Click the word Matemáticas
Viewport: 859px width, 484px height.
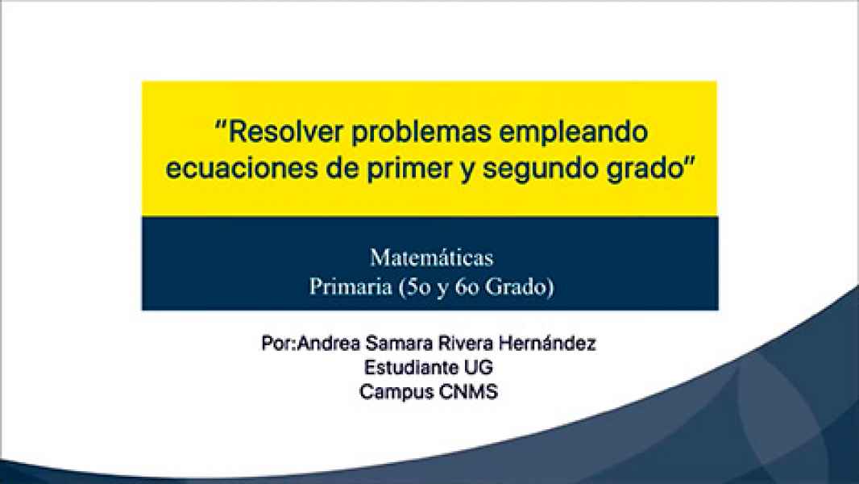point(431,259)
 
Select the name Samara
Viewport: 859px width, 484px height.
point(392,344)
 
